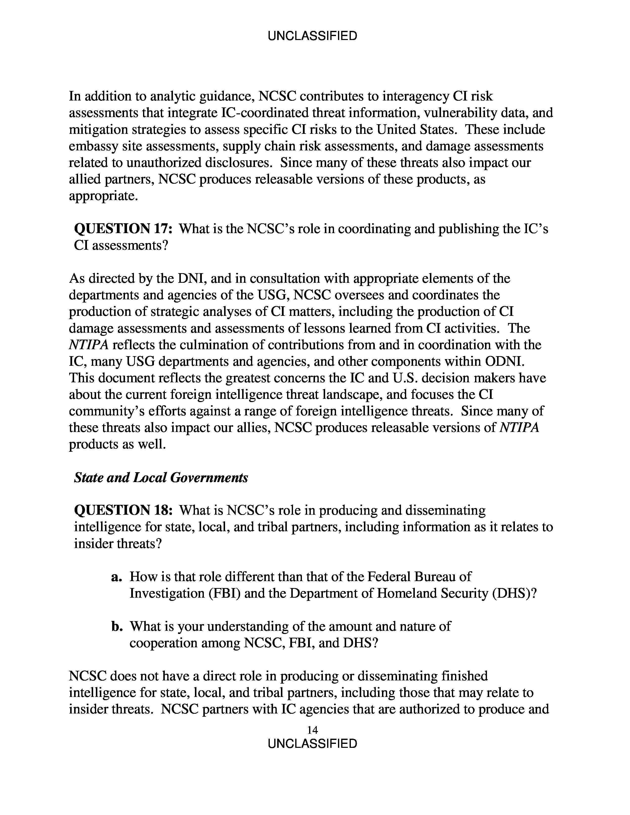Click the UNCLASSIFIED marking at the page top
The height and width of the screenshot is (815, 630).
312,36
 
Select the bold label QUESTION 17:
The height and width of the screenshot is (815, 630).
123,229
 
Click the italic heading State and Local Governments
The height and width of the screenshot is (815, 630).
161,477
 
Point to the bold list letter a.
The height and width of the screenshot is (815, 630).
117,577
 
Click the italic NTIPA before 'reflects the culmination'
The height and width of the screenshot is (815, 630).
88,345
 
